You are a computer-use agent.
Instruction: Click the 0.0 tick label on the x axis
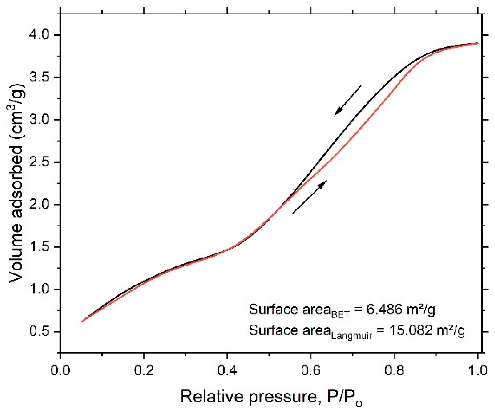pos(61,370)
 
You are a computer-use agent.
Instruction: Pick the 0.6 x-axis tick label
pos(311,370)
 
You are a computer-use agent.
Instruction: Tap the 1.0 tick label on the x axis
pos(477,370)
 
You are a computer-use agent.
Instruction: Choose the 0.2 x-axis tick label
pos(144,370)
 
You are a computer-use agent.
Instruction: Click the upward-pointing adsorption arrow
pos(310,197)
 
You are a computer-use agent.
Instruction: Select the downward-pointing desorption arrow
pos(348,101)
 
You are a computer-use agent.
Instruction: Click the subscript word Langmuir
pos(351,336)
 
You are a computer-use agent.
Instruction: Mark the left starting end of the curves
pos(83,321)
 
